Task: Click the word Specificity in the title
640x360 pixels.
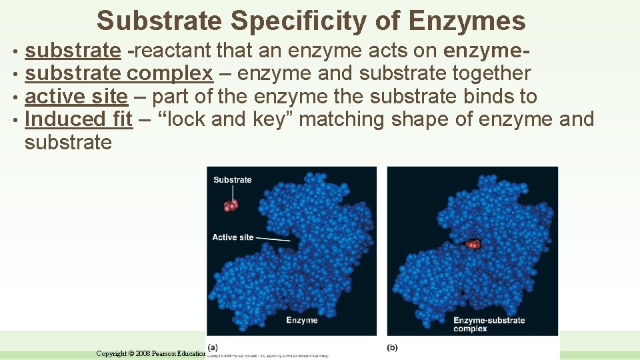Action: point(313,21)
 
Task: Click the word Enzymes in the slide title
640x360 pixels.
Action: point(467,21)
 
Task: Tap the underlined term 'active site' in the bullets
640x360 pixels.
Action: point(75,97)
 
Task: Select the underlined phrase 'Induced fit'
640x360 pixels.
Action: point(78,119)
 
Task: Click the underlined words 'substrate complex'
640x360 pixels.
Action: point(119,73)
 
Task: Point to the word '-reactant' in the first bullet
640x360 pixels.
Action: point(169,51)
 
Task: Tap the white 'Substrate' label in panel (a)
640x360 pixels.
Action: point(233,180)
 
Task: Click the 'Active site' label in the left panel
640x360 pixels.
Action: point(233,237)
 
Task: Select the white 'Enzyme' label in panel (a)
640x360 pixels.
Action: point(302,321)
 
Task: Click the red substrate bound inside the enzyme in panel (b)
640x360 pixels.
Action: point(472,244)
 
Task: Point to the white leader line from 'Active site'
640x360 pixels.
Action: point(273,238)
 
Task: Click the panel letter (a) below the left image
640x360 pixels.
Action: point(213,347)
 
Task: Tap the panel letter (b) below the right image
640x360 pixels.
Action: point(393,347)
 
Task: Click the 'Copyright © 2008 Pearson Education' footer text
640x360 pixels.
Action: point(151,353)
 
